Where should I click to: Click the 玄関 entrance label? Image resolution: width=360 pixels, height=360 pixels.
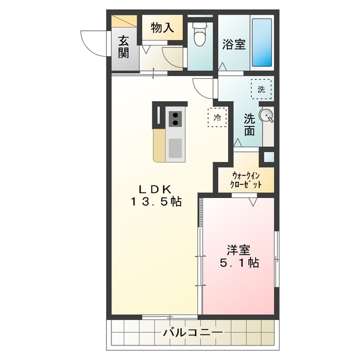click(x=124, y=47)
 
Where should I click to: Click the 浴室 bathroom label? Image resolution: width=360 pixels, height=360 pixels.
click(x=233, y=44)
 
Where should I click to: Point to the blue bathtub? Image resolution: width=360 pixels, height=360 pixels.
click(x=261, y=42)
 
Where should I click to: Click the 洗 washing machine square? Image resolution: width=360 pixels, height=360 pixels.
click(x=261, y=89)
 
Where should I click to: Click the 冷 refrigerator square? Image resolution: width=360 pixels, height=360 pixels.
click(x=217, y=118)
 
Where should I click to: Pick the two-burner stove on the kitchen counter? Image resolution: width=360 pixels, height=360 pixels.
click(x=175, y=119)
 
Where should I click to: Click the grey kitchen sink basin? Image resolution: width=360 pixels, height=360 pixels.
click(x=175, y=148)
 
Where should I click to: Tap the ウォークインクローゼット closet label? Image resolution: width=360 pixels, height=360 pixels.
click(x=246, y=179)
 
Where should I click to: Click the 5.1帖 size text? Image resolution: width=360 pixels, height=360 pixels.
click(x=239, y=262)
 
